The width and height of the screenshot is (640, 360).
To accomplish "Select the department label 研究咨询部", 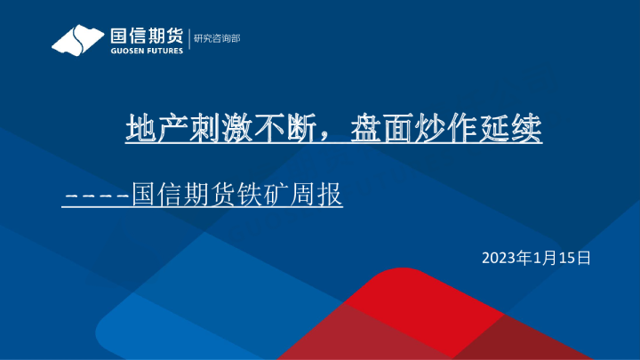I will (216, 38).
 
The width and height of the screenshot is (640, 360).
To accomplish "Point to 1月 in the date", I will (544, 258).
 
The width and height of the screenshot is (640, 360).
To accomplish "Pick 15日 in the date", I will (575, 258).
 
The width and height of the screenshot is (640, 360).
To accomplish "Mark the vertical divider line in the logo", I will (188, 40).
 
